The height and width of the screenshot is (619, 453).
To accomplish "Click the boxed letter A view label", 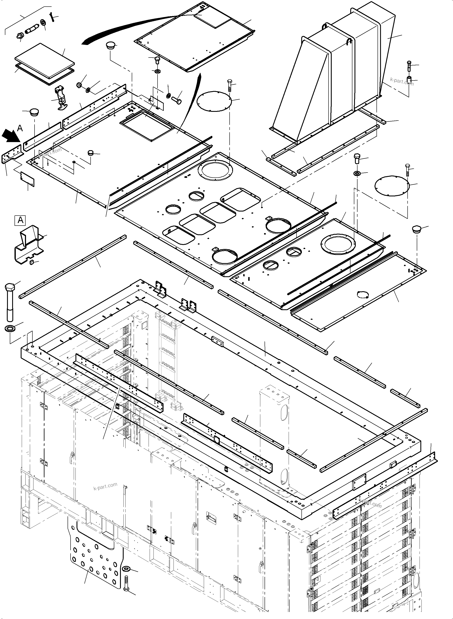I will tap(20, 220).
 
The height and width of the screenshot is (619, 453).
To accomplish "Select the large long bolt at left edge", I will tap(10, 302).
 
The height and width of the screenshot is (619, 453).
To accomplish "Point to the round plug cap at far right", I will tap(417, 229).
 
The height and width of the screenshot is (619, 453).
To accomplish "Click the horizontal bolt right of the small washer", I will tap(177, 101).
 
